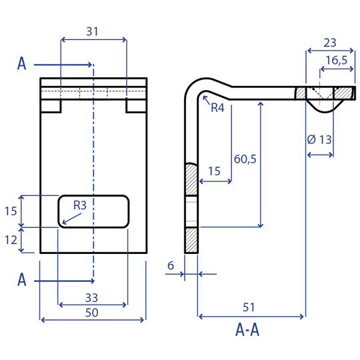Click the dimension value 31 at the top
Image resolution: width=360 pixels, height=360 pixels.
click(x=92, y=31)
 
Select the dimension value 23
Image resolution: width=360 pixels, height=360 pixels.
click(x=330, y=43)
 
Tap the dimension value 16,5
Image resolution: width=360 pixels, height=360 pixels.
click(x=337, y=61)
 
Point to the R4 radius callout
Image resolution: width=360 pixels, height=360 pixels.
click(x=217, y=108)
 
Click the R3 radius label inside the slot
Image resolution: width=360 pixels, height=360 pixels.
click(x=80, y=205)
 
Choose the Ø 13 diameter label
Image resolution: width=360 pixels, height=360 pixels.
click(x=319, y=139)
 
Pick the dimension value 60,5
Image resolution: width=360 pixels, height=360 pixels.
click(x=245, y=159)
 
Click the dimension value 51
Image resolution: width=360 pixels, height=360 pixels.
click(x=249, y=307)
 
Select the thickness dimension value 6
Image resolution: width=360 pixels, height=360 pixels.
click(x=171, y=265)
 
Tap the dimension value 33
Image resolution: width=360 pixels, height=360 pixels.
click(x=91, y=298)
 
